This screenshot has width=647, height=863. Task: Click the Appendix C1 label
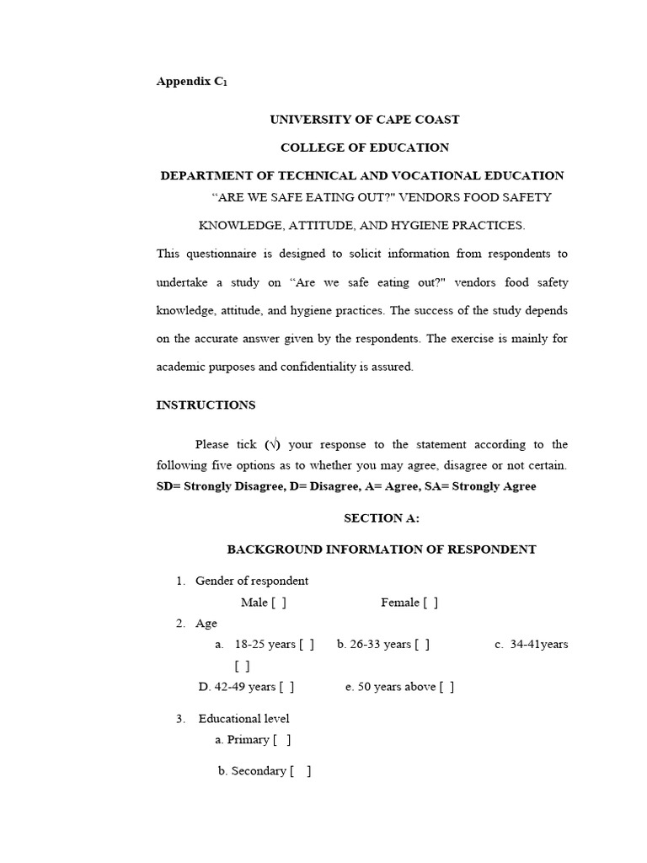191,82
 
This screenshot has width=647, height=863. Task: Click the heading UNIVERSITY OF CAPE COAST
364,120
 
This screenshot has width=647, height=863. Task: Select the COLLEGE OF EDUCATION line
364,147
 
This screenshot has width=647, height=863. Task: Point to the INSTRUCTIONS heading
206,405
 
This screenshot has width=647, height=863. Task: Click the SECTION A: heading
382,519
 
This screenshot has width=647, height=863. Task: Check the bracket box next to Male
279,603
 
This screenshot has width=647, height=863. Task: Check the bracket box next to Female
430,603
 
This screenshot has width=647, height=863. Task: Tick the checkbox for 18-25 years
307,645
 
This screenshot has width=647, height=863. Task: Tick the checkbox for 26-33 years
422,645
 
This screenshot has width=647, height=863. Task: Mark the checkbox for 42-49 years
286,687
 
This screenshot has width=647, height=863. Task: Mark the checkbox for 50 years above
446,687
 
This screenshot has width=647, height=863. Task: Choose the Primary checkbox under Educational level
282,740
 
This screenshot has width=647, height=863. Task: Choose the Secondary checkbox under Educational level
301,771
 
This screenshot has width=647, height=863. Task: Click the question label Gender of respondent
251,581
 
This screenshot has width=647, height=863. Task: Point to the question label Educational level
243,719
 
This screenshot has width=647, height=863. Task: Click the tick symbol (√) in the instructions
273,445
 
